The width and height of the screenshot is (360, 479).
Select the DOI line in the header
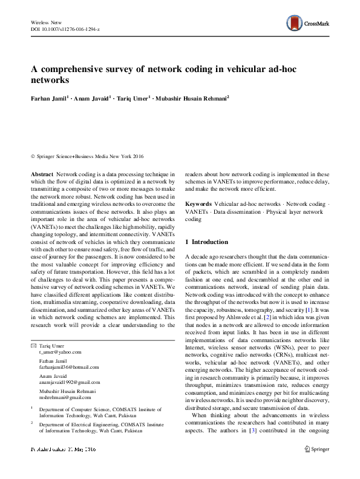click(x=65, y=29)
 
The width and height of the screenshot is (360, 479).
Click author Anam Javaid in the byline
click(x=91, y=97)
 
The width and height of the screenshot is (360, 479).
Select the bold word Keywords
click(x=198, y=205)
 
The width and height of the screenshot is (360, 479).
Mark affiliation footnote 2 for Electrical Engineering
click(x=31, y=424)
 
